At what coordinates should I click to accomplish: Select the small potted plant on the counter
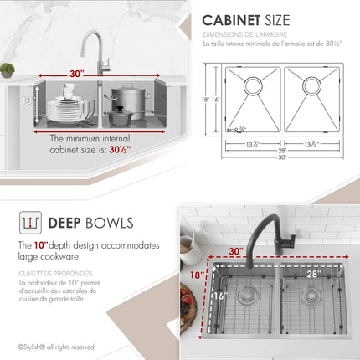coord(7,70)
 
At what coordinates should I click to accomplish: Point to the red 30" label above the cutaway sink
coord(77,73)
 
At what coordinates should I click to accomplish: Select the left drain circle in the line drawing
coord(251,85)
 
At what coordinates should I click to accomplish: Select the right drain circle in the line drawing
coord(311,85)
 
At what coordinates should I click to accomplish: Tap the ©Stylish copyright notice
coord(48,346)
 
